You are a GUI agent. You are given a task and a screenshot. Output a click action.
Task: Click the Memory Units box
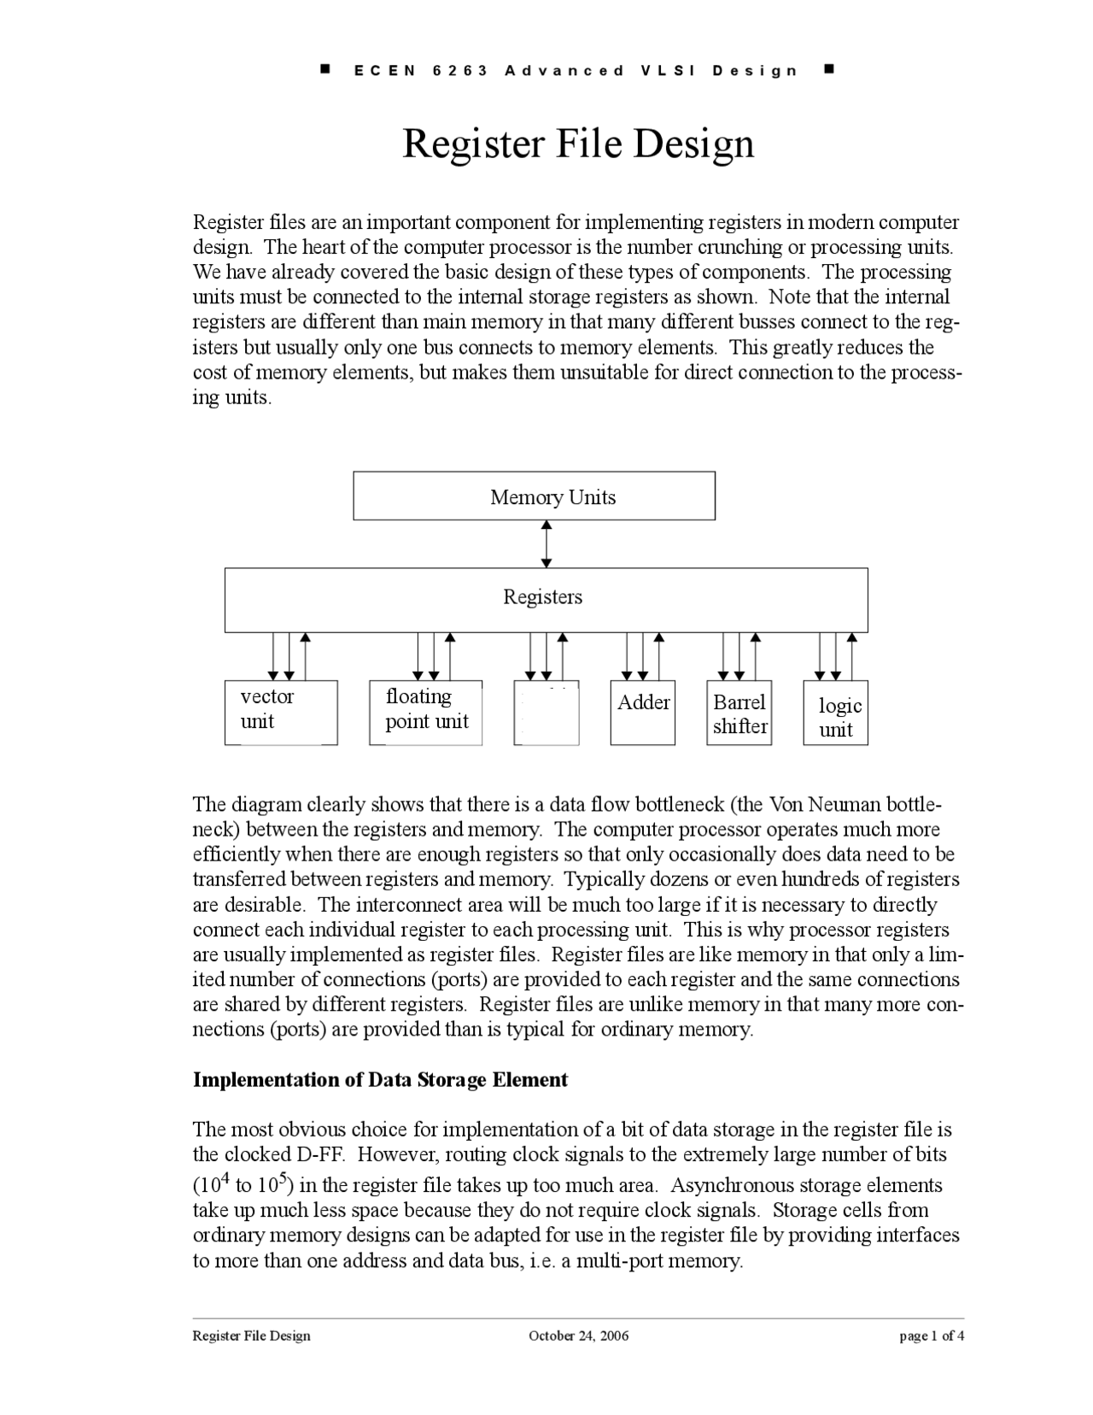[534, 496]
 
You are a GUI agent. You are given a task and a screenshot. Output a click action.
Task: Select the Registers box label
[542, 597]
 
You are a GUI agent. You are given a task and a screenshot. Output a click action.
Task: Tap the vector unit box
[280, 712]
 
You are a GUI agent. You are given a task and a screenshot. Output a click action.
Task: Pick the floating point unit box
[425, 712]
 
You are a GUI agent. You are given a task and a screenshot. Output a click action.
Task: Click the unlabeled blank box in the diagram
[546, 713]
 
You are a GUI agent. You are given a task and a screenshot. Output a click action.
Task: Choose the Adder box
[643, 712]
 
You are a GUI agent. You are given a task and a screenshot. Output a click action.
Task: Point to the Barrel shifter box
[739, 713]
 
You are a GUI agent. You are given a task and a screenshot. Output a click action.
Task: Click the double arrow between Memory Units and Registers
[546, 543]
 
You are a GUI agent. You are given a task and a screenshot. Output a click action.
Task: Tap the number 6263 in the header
[460, 71]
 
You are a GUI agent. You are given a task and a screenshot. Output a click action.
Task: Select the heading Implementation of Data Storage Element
[380, 1080]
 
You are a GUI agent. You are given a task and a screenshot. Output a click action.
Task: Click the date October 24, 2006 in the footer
[578, 1336]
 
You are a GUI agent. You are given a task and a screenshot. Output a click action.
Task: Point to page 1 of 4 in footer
[932, 1336]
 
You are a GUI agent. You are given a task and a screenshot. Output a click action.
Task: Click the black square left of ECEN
[325, 68]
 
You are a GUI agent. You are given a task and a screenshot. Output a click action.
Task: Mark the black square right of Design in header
[829, 68]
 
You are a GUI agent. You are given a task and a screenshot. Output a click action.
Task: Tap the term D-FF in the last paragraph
[320, 1155]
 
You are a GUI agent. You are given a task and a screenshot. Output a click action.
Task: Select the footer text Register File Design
[251, 1336]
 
